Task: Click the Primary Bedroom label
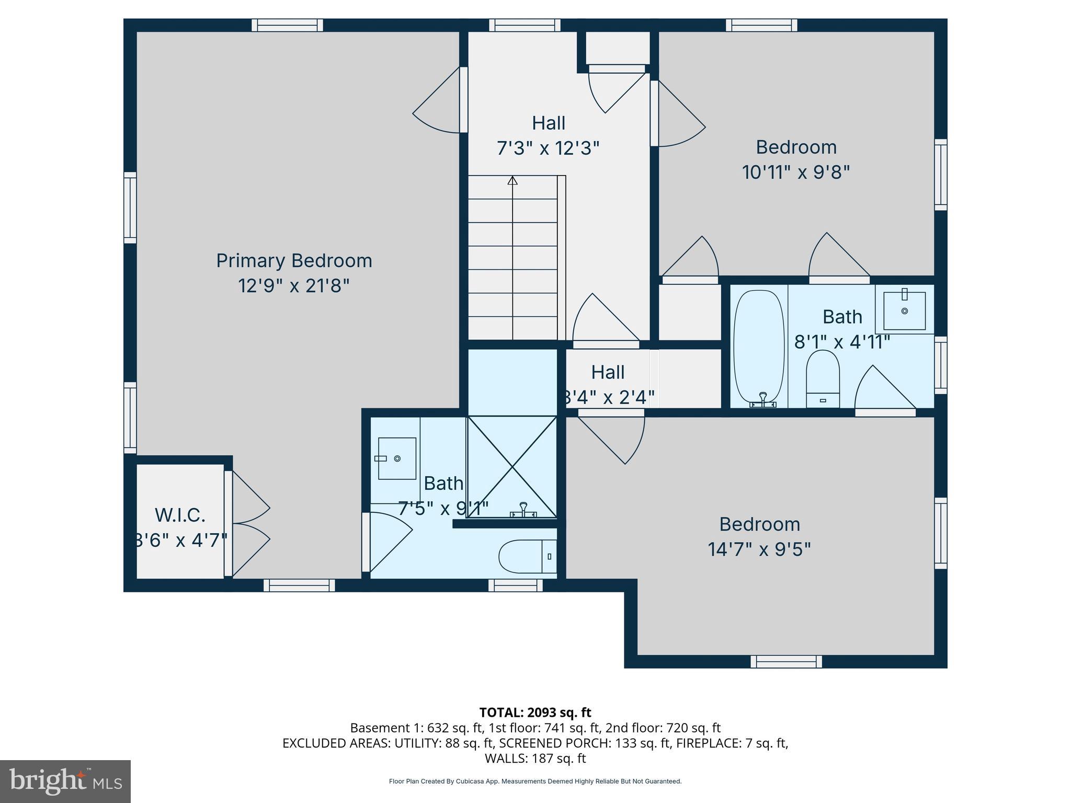[294, 260]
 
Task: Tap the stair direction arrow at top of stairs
[512, 181]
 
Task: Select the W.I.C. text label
[180, 515]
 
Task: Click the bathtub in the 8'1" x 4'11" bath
[759, 349]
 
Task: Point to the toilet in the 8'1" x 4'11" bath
[823, 378]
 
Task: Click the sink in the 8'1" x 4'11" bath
[904, 311]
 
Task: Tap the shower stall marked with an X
[512, 466]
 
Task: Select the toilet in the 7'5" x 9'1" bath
[527, 556]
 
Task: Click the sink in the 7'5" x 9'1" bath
[397, 458]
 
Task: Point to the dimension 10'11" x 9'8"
[796, 172]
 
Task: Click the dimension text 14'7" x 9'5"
[759, 549]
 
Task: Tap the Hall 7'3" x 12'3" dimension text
[548, 148]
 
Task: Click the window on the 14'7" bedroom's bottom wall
[786, 661]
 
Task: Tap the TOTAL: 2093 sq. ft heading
[535, 712]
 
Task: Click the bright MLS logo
[65, 781]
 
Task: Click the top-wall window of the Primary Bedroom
[287, 25]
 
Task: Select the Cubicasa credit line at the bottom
[535, 781]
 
